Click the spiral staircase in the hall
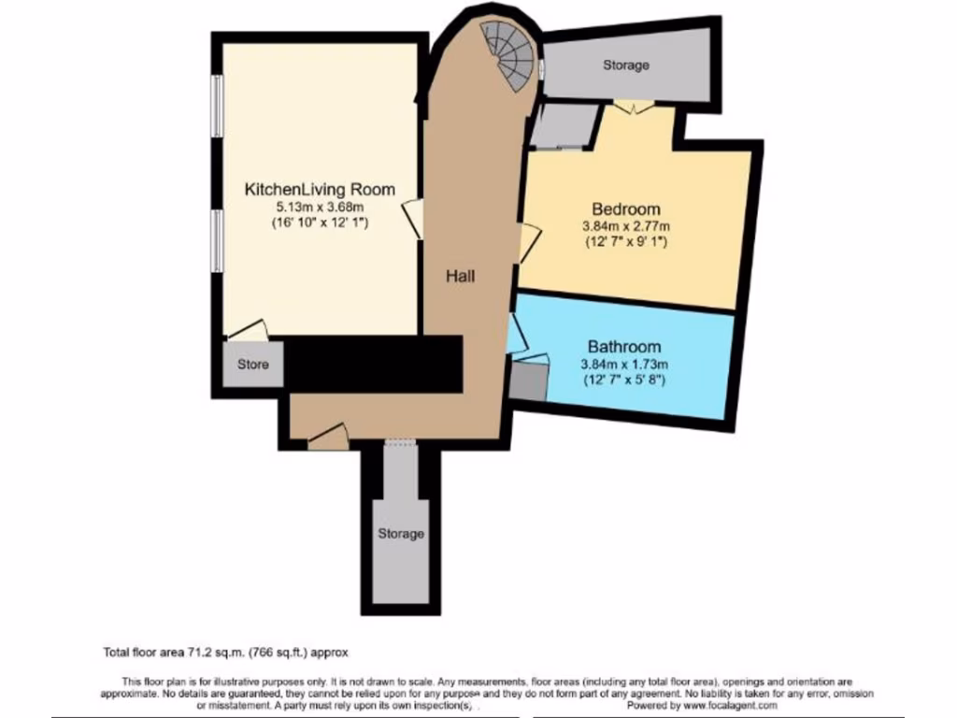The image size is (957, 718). [510, 56]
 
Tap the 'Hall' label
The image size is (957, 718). [460, 277]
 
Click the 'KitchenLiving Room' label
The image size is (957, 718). [319, 190]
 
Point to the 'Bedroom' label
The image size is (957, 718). [625, 209]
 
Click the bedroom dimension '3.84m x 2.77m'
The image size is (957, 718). [625, 225]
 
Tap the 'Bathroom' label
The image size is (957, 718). [623, 347]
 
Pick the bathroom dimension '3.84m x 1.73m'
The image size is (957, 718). [623, 364]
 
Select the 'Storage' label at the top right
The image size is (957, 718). [625, 66]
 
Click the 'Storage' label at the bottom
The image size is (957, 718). [401, 535]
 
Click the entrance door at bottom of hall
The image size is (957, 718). [330, 432]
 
